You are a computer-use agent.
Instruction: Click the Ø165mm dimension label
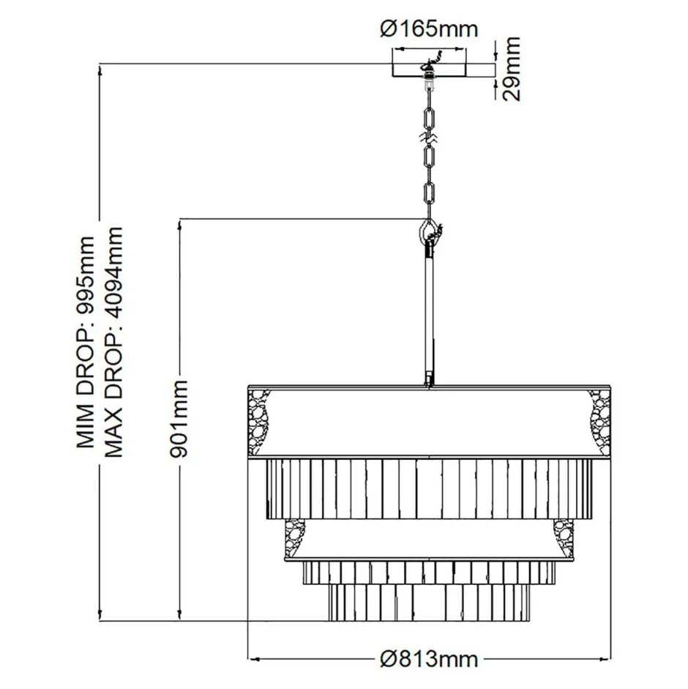429,29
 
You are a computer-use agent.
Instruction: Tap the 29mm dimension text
512,70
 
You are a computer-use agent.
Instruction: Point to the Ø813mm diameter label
430,659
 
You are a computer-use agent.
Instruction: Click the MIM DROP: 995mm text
87,342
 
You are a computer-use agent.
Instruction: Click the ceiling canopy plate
430,69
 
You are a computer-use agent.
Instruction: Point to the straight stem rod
428,315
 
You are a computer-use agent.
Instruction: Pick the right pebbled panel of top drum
598,417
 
